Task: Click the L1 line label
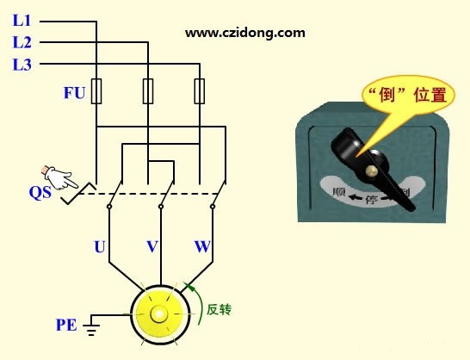point(22,21)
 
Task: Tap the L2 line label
point(22,42)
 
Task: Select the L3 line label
point(22,65)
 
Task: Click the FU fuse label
point(74,93)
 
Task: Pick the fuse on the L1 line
point(96,91)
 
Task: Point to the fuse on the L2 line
point(148,91)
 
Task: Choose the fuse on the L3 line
point(200,91)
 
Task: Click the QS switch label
point(40,192)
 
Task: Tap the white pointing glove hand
point(60,177)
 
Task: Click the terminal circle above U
point(109,207)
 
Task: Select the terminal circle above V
point(161,207)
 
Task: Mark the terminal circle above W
point(213,207)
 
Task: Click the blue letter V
point(152,246)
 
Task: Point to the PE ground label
point(66,325)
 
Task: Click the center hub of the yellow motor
point(159,314)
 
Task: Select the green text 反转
point(220,309)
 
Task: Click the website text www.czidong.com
point(244,33)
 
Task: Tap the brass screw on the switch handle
point(371,171)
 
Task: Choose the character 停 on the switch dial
point(371,199)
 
